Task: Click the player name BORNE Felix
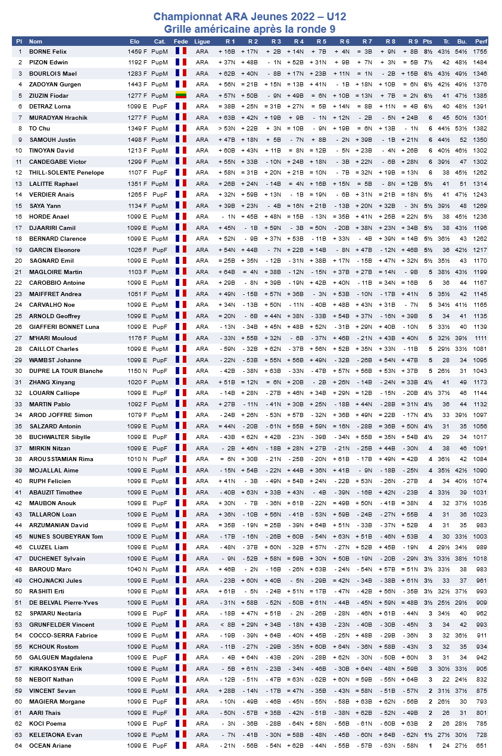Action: [48, 52]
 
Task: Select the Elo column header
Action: [135, 41]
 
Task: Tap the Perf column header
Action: [481, 41]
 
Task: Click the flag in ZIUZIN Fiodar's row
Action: [180, 95]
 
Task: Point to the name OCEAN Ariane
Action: [50, 746]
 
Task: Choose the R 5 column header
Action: [321, 41]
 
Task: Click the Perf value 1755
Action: [480, 52]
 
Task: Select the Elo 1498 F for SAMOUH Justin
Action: [137, 139]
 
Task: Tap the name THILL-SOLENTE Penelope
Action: [67, 173]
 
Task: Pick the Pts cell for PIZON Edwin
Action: [428, 63]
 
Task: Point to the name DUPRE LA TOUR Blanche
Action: [66, 371]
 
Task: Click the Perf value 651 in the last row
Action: [482, 746]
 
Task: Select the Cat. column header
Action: [160, 41]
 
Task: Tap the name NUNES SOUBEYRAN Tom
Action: [66, 537]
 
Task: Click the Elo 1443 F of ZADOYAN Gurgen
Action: [137, 85]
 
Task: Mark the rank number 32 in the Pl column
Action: [19, 393]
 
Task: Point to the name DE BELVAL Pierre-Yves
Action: [64, 603]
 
